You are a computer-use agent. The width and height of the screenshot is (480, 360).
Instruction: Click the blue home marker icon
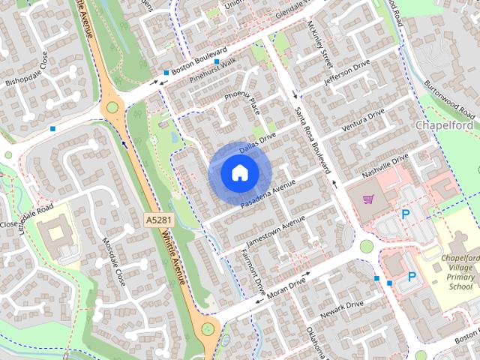click(x=238, y=172)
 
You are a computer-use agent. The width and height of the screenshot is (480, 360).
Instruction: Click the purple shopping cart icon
click(x=368, y=199)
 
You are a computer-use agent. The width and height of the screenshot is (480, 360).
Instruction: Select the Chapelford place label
click(x=445, y=125)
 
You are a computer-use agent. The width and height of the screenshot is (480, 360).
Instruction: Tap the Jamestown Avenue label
click(x=276, y=232)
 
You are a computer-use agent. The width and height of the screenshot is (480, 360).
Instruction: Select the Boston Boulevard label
click(x=199, y=60)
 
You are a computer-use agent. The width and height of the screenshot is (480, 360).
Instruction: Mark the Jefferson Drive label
click(x=346, y=74)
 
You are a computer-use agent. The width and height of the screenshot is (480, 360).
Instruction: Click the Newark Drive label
click(x=342, y=310)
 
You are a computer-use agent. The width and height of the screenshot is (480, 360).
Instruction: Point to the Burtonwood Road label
click(x=448, y=99)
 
